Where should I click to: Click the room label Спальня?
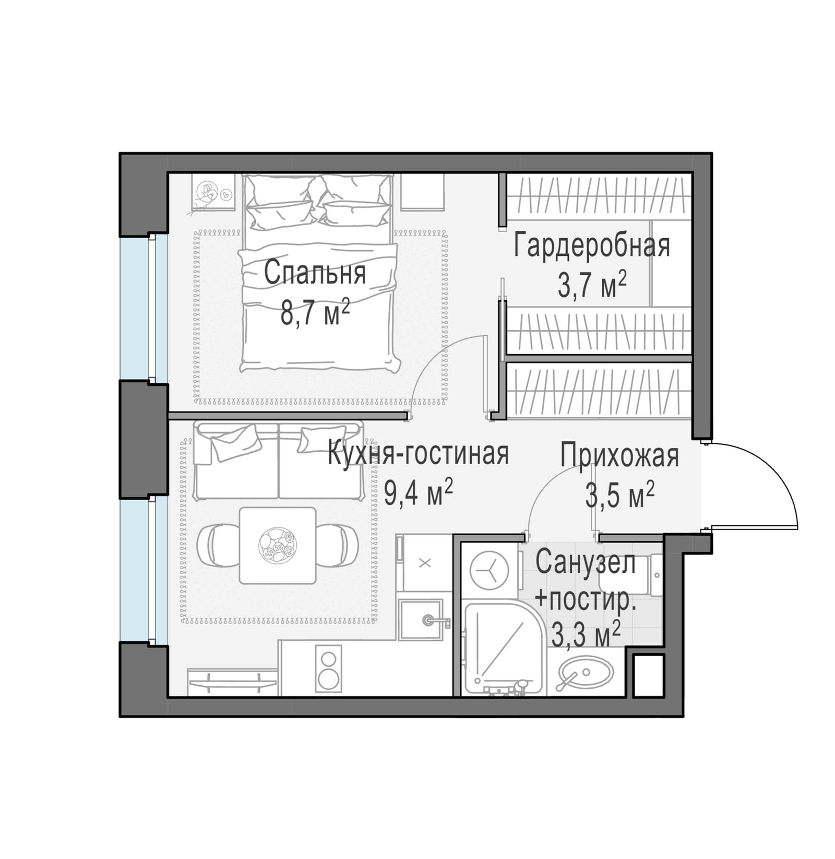click(x=315, y=273)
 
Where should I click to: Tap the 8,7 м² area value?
click(x=315, y=312)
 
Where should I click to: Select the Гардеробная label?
click(x=592, y=246)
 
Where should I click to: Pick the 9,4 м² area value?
click(x=418, y=492)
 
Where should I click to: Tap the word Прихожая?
click(x=619, y=456)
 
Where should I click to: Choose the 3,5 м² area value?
click(x=619, y=495)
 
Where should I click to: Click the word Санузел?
click(x=586, y=562)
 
